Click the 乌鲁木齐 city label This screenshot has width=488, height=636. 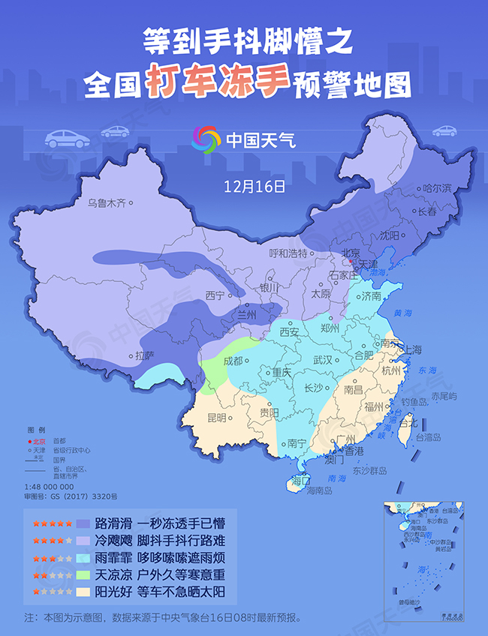click(x=106, y=202)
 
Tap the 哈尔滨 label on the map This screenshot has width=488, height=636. click(x=437, y=188)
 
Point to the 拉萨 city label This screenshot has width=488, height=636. click(x=145, y=356)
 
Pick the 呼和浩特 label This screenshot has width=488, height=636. click(x=289, y=253)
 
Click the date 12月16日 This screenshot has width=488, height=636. click(x=255, y=184)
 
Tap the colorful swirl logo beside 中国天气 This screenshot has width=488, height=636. click(x=206, y=139)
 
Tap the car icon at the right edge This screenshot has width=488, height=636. click(x=444, y=130)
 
